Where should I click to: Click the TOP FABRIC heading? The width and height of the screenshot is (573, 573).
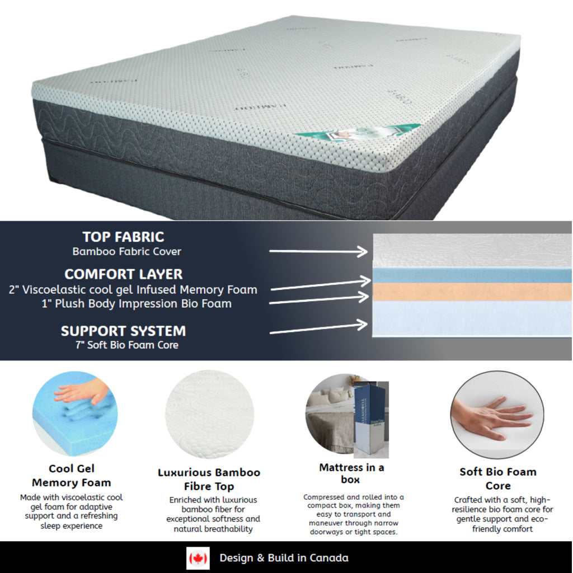click(123, 237)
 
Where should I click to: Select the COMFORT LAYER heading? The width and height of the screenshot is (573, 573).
click(123, 274)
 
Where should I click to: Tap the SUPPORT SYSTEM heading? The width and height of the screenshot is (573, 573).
click(123, 331)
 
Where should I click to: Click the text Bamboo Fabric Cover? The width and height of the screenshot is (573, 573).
click(126, 252)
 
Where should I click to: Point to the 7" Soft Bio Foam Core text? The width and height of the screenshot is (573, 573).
click(128, 345)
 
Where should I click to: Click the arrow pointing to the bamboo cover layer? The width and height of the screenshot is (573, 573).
click(318, 251)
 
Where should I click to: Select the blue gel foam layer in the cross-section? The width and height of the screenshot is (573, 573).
click(472, 275)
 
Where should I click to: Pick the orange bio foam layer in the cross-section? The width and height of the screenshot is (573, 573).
click(472, 292)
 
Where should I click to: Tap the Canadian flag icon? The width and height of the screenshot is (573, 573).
click(198, 558)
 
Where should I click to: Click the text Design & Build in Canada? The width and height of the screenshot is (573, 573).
click(284, 558)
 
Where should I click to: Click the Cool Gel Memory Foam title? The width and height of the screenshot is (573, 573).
click(71, 476)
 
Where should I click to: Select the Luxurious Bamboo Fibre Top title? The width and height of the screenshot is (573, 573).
click(209, 480)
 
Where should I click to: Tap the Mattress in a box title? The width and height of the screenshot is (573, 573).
click(351, 473)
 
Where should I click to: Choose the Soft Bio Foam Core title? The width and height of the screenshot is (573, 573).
click(497, 479)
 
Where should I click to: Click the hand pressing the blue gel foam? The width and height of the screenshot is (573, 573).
click(81, 392)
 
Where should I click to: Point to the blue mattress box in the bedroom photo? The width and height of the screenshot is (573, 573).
click(370, 417)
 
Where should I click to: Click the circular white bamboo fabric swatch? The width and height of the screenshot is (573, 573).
click(209, 414)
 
